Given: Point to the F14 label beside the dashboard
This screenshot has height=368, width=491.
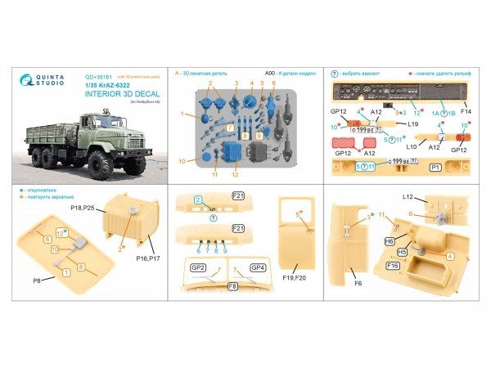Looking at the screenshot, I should [x=466, y=109].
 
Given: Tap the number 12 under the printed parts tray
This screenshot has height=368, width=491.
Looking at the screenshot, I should [x=234, y=173].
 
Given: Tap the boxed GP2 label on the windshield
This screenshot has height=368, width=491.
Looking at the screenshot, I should [x=198, y=267].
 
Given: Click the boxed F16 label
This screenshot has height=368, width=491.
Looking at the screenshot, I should [x=392, y=266].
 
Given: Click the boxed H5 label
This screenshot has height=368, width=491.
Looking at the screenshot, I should [x=402, y=253].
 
